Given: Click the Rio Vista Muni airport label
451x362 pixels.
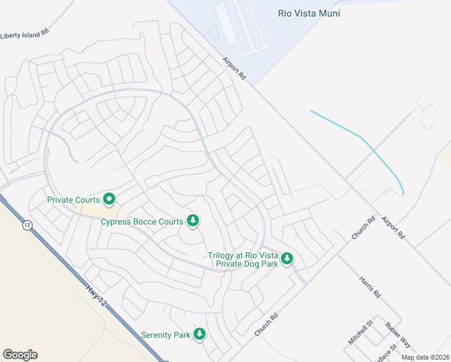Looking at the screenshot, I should point(309,13).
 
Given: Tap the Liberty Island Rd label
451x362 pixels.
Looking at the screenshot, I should point(24,35).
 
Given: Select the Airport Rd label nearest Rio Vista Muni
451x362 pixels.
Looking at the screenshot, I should point(235,69).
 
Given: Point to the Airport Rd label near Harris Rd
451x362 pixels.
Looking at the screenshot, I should point(393,227).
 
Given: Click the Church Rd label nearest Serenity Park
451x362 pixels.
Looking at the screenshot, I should point(266,325).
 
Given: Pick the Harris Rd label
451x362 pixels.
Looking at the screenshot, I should point(370,288).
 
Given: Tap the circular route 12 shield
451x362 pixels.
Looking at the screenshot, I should point(27,225).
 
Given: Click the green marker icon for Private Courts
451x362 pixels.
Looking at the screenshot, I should point(109,198).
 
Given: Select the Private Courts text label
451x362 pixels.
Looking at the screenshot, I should point(74,200).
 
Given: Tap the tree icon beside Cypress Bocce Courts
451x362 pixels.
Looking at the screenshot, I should point(193,221).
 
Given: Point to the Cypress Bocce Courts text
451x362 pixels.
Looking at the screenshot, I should point(142,221).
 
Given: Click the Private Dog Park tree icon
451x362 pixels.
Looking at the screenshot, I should point(288,259).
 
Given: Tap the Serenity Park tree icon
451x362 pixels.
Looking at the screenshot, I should point(200,334).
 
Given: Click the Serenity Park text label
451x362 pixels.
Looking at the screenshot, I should point(165,334).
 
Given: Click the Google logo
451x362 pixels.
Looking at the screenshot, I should point(20,355).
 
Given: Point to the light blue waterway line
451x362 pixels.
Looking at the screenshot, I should point(362,139).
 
